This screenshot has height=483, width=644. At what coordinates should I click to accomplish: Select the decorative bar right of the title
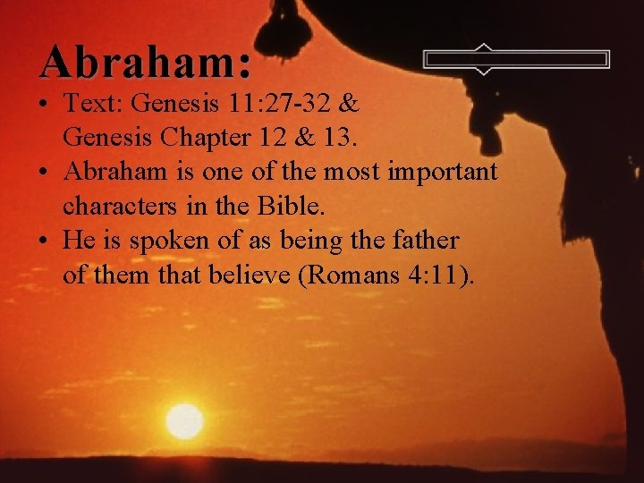coord(516,59)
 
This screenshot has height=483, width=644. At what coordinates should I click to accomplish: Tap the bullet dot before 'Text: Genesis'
coord(46,105)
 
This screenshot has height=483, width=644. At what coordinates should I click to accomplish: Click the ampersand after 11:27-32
coord(350,105)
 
